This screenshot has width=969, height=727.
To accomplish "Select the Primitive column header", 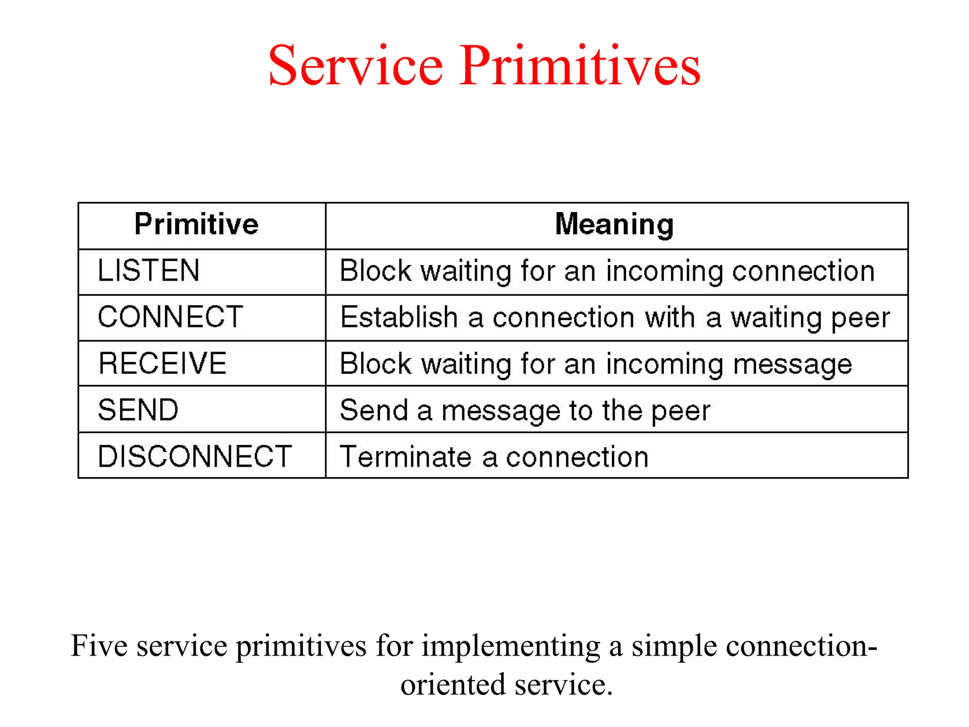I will [x=196, y=224].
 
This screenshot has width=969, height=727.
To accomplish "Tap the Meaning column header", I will [x=614, y=224].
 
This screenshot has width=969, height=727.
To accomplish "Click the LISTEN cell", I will [x=149, y=270].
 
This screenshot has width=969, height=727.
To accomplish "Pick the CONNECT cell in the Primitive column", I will [x=170, y=317].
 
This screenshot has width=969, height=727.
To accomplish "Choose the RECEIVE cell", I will [x=162, y=363].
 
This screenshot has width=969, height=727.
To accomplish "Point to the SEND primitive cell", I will [x=138, y=409].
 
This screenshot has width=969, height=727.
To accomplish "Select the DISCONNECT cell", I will [x=194, y=456].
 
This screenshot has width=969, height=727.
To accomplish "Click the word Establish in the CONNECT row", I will [x=399, y=317].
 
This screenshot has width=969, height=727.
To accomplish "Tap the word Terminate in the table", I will [x=405, y=457].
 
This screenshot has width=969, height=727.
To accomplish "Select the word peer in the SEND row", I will [x=681, y=411].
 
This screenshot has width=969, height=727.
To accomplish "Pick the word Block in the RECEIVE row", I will [x=376, y=363].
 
